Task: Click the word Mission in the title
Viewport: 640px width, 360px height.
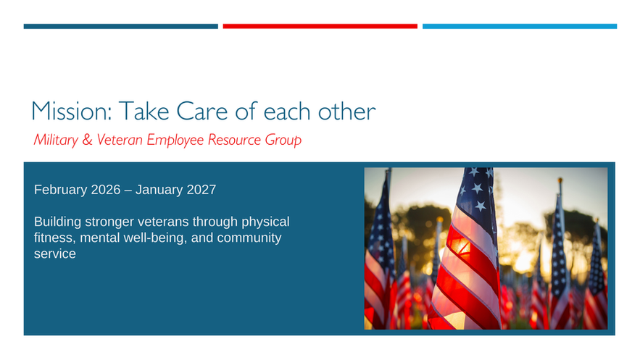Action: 71,111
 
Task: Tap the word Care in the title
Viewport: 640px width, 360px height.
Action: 202,111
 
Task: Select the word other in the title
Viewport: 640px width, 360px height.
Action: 346,111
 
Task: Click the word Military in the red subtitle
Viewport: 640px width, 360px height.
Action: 56,140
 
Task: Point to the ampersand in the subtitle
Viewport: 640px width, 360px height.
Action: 88,140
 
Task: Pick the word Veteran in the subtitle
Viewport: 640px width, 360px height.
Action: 120,140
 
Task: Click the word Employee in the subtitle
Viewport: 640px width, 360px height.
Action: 175,141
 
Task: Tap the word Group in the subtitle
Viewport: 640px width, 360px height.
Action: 283,141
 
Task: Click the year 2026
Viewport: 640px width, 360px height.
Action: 106,190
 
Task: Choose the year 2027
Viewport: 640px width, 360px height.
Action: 201,190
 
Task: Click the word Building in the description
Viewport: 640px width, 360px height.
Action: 57,222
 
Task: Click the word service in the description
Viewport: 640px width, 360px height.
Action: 54,254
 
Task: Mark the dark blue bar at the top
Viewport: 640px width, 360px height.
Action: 121,27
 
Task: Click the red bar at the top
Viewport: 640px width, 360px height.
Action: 320,27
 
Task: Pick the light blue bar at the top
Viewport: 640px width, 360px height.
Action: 520,27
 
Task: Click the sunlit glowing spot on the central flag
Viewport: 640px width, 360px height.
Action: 460,246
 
